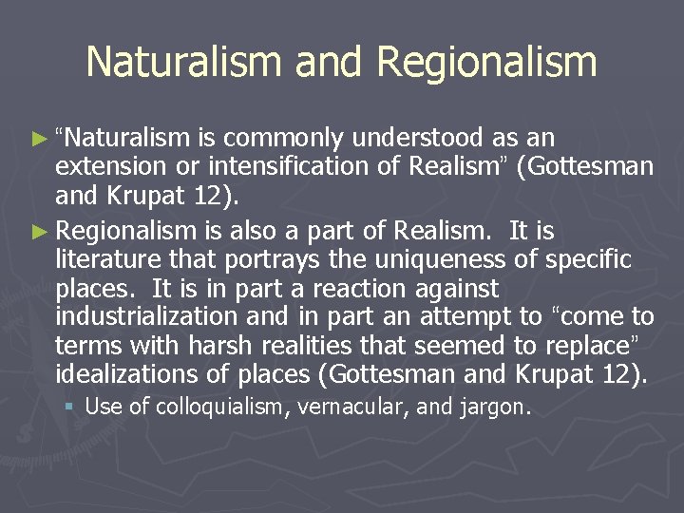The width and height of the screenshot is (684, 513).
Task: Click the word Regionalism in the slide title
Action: [486, 62]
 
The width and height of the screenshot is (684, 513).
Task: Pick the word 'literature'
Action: [109, 260]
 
